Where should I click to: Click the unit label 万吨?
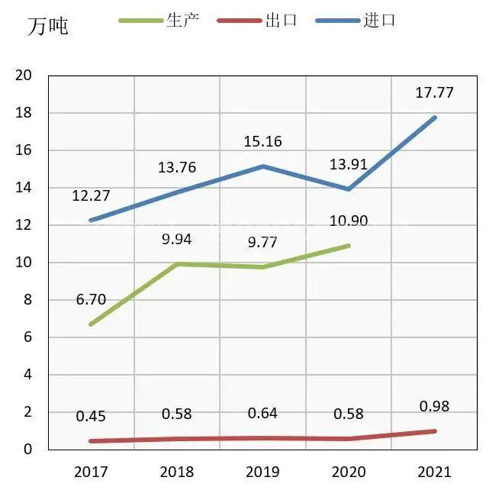point(47,26)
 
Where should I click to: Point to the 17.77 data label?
point(435,93)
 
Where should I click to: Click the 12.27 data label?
point(91,196)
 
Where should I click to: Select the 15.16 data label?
point(262,141)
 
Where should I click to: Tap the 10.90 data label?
point(349,221)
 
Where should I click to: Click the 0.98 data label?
point(435,407)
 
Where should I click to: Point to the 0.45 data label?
point(91,417)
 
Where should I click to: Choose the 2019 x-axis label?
point(262,472)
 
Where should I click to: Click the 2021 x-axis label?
point(435,472)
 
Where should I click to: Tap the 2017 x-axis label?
point(91,472)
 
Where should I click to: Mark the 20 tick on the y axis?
point(24,76)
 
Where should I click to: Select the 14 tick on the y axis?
point(24,188)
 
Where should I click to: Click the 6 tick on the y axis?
point(27,337)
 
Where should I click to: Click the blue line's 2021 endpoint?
point(435,117)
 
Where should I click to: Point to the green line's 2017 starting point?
point(91,324)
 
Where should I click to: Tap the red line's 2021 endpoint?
point(435,431)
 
